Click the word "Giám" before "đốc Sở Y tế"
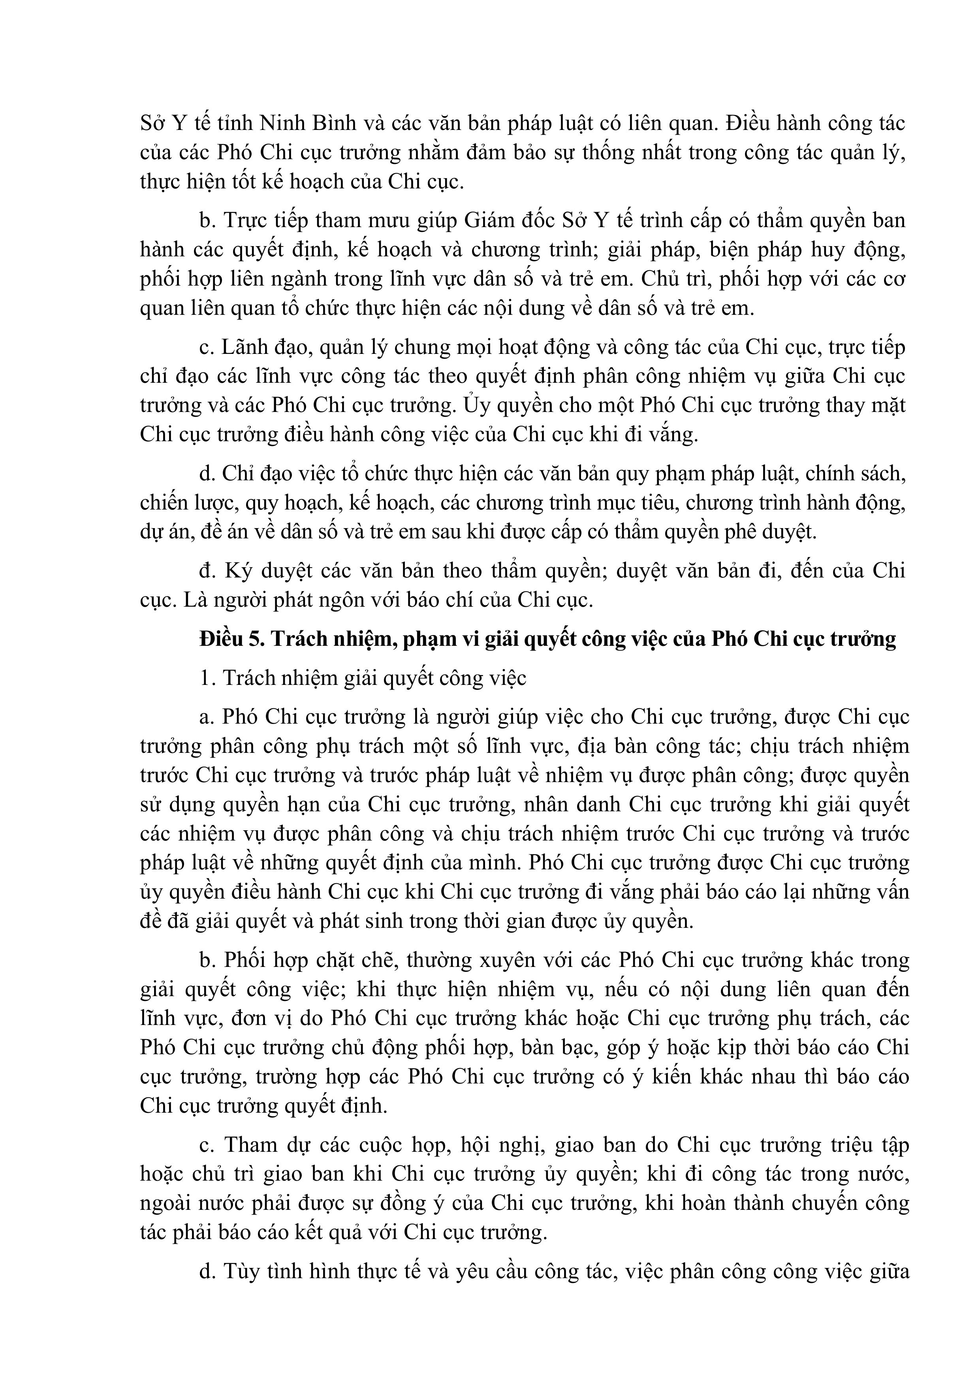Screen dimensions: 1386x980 [491, 221]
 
